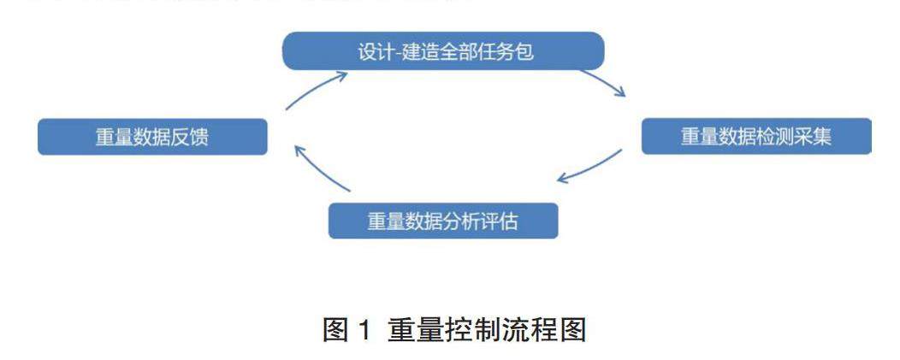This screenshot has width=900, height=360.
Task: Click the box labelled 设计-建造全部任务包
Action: [x=443, y=51]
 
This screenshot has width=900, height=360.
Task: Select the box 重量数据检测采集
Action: [x=756, y=137]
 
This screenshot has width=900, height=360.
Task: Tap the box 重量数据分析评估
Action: [x=443, y=221]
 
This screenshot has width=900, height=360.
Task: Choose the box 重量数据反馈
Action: [x=152, y=137]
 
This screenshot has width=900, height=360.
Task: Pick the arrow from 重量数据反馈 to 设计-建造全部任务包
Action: [x=315, y=89]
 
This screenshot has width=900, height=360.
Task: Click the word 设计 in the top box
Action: [x=371, y=51]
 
